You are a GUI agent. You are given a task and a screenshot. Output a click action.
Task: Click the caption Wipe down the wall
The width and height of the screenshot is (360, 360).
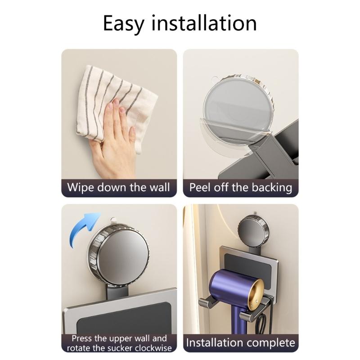(x=119, y=187)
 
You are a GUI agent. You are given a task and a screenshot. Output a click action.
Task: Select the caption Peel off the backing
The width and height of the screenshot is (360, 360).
(x=240, y=187)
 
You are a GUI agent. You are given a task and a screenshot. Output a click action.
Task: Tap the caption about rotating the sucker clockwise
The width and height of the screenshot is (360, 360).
(x=119, y=343)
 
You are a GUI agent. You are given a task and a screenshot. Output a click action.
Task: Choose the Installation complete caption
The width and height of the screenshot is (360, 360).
(x=240, y=343)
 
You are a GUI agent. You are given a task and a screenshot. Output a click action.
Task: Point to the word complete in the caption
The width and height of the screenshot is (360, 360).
(x=270, y=343)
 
